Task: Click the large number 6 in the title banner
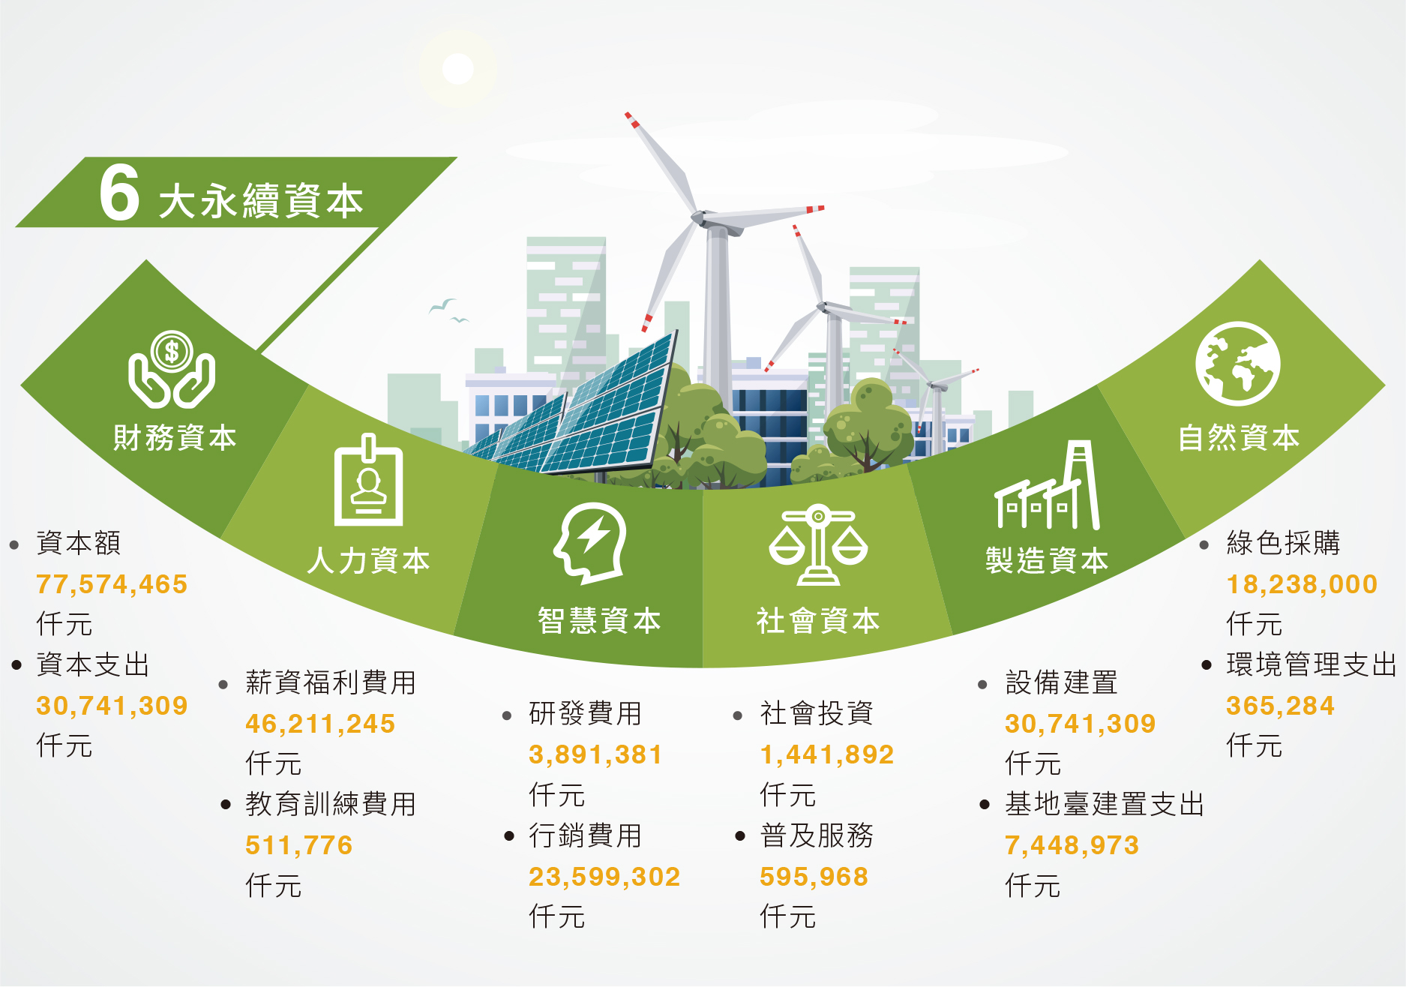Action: [119, 193]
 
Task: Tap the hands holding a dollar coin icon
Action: [172, 370]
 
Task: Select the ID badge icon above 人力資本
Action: [368, 480]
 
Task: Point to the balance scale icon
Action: [818, 544]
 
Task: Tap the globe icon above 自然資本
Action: [1238, 364]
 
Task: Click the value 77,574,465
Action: [112, 584]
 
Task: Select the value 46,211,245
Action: [320, 724]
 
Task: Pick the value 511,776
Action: [298, 845]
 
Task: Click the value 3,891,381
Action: [595, 754]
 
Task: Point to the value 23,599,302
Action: [604, 877]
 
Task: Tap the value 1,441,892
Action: [827, 754]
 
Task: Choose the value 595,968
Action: [814, 877]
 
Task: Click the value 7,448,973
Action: [1072, 845]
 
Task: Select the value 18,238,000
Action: [1302, 584]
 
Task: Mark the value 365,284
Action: [1280, 706]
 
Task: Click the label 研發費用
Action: [585, 713]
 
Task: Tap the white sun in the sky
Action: [458, 69]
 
